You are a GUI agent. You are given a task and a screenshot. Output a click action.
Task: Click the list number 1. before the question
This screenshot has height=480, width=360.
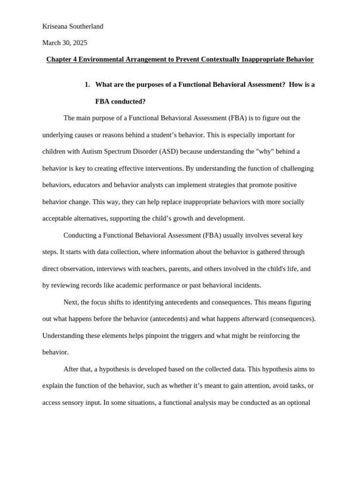(x=87, y=84)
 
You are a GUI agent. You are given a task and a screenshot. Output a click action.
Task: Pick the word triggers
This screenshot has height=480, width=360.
(x=215, y=336)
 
